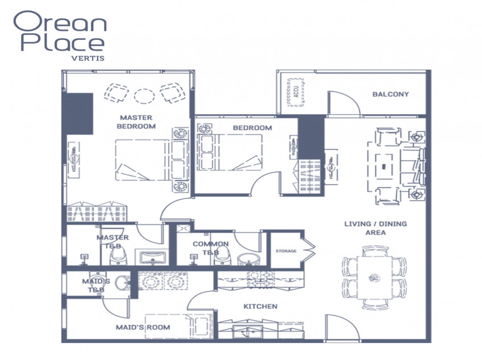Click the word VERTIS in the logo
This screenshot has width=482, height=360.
88,57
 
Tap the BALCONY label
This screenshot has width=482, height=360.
390,94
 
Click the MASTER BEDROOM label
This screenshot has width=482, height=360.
136,122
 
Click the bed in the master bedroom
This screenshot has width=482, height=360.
143,160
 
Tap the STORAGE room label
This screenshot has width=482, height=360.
286,250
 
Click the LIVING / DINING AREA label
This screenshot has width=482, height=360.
375,228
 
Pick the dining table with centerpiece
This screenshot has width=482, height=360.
374,277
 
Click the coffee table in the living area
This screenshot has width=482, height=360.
384,166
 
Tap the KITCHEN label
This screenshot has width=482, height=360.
260,307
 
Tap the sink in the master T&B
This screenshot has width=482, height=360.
152,258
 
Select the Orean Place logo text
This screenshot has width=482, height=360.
59,33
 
